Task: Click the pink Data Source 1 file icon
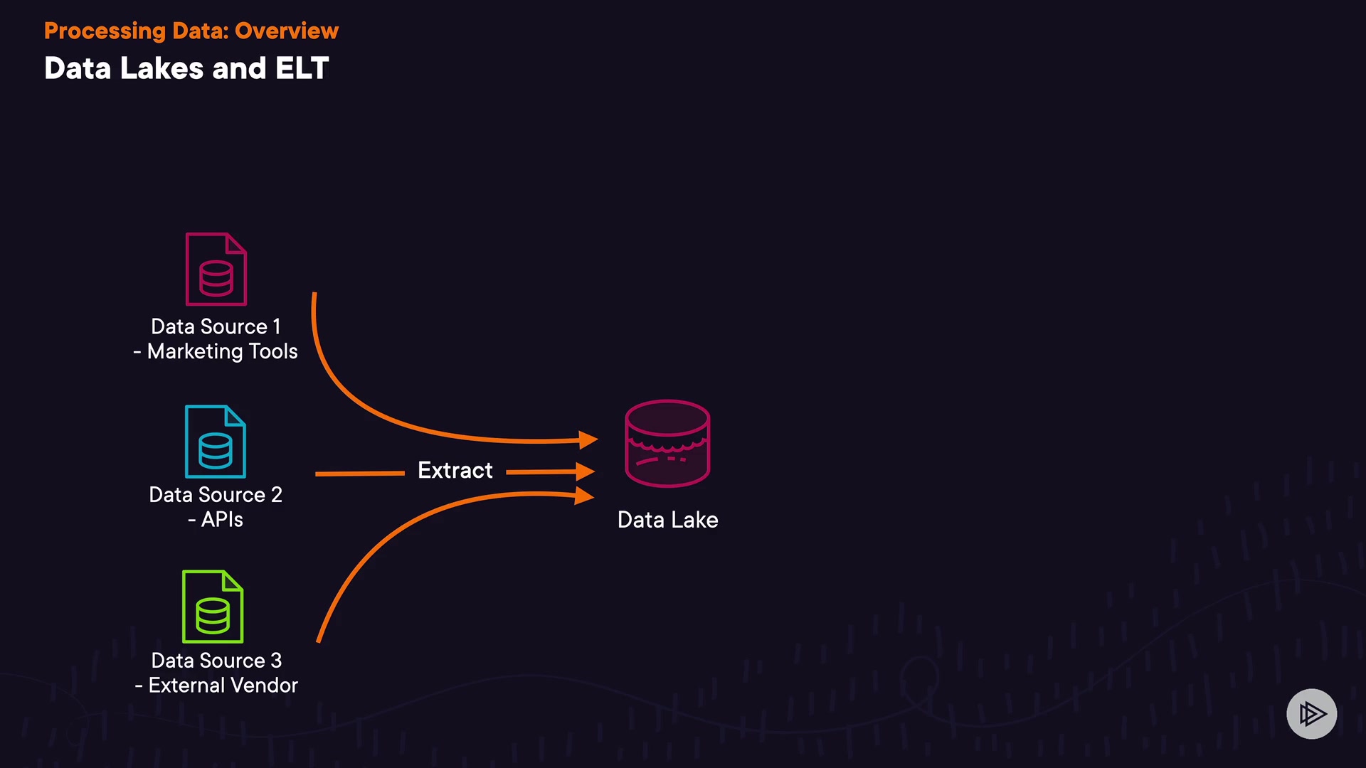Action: (216, 270)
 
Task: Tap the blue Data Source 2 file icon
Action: (216, 442)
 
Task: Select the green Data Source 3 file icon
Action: (213, 607)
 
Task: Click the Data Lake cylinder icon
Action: (667, 443)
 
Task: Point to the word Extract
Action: (455, 470)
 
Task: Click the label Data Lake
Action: (667, 520)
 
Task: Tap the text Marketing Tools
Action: (222, 351)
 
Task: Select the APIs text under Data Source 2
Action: (222, 519)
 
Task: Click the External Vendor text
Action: (223, 686)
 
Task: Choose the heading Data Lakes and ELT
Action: (186, 68)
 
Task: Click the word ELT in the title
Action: (302, 68)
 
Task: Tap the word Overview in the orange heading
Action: (287, 31)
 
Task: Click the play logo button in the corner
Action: (1311, 713)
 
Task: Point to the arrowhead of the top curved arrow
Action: (588, 440)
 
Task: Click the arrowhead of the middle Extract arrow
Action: (585, 471)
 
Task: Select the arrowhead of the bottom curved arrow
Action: (584, 496)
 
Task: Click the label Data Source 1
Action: (216, 326)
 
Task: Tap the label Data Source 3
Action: (216, 661)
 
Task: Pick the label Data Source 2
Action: (216, 494)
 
